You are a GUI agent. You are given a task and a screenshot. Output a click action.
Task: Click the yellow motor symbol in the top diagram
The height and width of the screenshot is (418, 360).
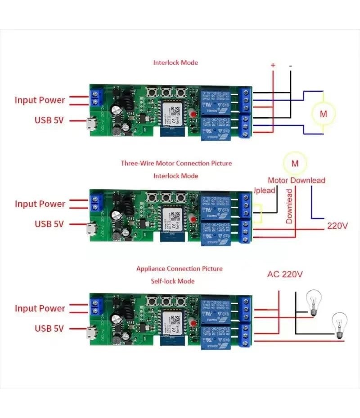coord(324,114)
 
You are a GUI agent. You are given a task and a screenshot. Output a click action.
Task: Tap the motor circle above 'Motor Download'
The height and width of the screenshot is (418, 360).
coord(295,163)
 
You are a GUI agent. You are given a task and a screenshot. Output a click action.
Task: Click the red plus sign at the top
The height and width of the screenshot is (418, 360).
coord(273,66)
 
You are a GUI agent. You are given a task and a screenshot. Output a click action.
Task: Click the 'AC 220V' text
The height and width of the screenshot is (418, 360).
coord(285,274)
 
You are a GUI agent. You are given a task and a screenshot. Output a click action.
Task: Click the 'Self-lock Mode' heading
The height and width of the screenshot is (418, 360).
coord(173,281)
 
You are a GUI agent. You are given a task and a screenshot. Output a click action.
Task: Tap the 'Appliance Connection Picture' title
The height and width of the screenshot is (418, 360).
coord(179,269)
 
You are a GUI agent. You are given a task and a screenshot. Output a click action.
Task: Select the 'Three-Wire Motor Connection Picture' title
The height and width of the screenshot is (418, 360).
coord(176,163)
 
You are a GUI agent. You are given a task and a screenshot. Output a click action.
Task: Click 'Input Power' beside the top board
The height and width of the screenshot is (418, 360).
coord(40,100)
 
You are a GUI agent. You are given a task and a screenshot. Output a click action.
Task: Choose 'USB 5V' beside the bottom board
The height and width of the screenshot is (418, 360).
coord(49,329)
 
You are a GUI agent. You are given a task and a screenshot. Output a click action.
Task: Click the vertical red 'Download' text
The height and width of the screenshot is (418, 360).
coord(289,206)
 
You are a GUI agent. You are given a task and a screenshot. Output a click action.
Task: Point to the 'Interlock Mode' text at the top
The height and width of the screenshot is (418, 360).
coord(175,62)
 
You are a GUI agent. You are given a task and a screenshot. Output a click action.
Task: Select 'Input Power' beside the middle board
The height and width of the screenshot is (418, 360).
coord(40,204)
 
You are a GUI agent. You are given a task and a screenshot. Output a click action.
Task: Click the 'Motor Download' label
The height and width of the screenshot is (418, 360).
coord(297,180)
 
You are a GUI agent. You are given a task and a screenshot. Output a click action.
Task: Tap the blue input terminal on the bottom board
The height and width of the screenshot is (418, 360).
coord(95,307)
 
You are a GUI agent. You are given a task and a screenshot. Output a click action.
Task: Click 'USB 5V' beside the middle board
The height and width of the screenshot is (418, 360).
coord(49,224)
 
